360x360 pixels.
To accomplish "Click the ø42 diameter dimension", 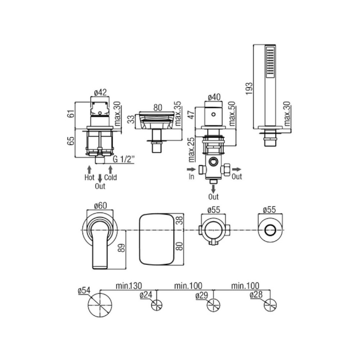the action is point(100,93).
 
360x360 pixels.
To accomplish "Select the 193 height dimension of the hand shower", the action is point(249,89).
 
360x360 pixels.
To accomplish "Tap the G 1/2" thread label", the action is point(124,159).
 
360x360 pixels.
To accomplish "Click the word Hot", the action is point(89,177).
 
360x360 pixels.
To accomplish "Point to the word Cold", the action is point(111,177).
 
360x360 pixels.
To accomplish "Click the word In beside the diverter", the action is point(191,176).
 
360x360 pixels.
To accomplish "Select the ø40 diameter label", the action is point(214,97).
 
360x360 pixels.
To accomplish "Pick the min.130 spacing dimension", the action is point(129,286).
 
